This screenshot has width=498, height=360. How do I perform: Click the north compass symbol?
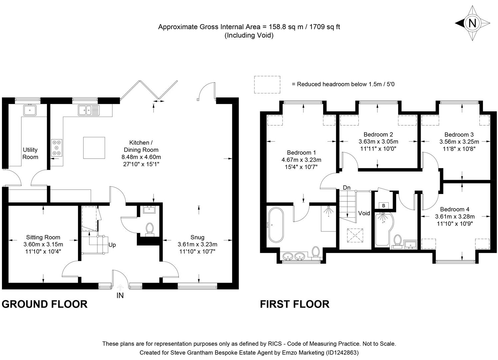[472, 23]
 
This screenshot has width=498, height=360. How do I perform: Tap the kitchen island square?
[94, 148]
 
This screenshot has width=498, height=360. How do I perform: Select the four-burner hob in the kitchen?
[57, 147]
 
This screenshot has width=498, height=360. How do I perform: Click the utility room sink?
[30, 110]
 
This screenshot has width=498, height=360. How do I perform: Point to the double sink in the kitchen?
[89, 110]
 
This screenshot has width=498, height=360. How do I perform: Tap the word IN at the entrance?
[120, 295]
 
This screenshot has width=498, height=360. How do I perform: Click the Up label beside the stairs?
[112, 245]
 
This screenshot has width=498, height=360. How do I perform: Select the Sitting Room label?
[43, 237]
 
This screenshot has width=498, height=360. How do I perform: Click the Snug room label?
[197, 237]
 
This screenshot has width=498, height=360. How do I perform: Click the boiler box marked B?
[383, 206]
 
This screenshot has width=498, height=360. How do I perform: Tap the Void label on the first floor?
[364, 213]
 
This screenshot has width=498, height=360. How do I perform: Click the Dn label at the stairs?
[347, 188]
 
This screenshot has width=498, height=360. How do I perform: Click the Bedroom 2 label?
[378, 134]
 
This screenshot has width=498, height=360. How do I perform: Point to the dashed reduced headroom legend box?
[267, 85]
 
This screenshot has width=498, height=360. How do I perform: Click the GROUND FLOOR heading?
[45, 304]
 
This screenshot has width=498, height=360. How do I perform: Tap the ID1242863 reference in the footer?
[342, 352]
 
